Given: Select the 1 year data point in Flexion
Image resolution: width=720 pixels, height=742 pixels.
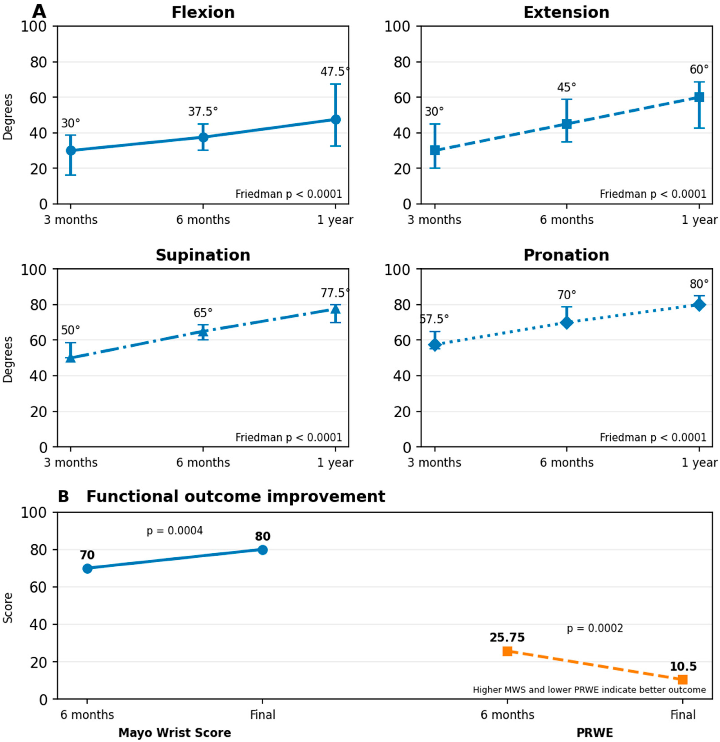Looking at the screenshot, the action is coord(335,120).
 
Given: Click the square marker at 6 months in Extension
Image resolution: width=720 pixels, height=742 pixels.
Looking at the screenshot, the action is coord(567,124).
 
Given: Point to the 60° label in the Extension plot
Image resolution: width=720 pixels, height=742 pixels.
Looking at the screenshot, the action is coord(699,70).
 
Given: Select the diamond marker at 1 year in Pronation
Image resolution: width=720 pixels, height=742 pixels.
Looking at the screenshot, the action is coord(699,305).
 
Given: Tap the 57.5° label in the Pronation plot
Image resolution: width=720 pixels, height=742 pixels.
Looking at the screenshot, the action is coord(434,319).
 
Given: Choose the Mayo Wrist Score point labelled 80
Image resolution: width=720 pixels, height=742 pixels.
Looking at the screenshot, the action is coord(263,550).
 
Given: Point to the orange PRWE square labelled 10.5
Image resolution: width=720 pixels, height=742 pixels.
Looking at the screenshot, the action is coord(683,680).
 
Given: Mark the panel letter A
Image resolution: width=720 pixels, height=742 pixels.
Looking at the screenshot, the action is coord(39,12).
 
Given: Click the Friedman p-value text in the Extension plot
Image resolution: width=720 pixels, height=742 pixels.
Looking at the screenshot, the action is coord(653,194).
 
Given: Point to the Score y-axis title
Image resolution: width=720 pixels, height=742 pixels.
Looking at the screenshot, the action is coord(8,608).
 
